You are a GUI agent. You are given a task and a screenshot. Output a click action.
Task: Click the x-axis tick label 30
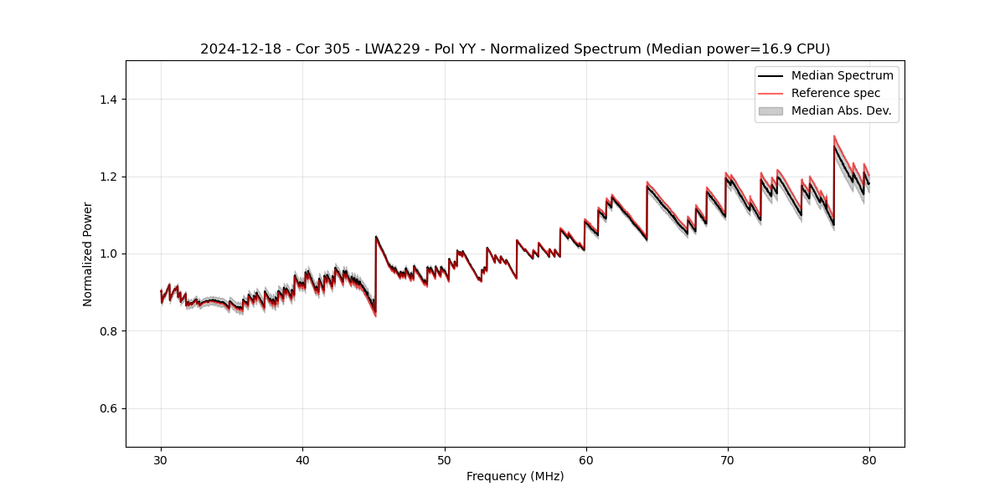(161, 459)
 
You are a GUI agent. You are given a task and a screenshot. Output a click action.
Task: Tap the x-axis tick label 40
(302, 459)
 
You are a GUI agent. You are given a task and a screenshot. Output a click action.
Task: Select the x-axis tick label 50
(445, 459)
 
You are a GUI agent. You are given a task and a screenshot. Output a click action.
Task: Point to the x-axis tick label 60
(586, 459)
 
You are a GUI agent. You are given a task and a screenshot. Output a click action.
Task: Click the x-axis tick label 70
(728, 459)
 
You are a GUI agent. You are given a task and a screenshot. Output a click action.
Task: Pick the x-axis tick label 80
(869, 459)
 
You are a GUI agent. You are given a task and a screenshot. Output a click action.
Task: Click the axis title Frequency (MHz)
(515, 476)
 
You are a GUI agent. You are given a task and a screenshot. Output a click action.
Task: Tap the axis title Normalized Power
(88, 254)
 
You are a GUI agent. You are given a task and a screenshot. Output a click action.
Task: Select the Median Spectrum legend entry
(842, 75)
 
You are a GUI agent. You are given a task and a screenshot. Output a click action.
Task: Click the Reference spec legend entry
(835, 93)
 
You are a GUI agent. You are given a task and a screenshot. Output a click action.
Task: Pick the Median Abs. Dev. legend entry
(841, 110)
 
